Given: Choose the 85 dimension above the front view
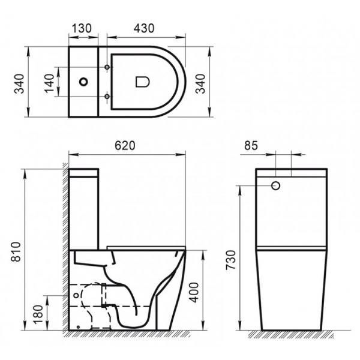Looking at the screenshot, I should tap(253, 146).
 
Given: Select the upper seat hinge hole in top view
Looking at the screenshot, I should tap(107, 66).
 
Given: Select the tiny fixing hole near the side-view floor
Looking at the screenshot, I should tap(79, 327).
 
